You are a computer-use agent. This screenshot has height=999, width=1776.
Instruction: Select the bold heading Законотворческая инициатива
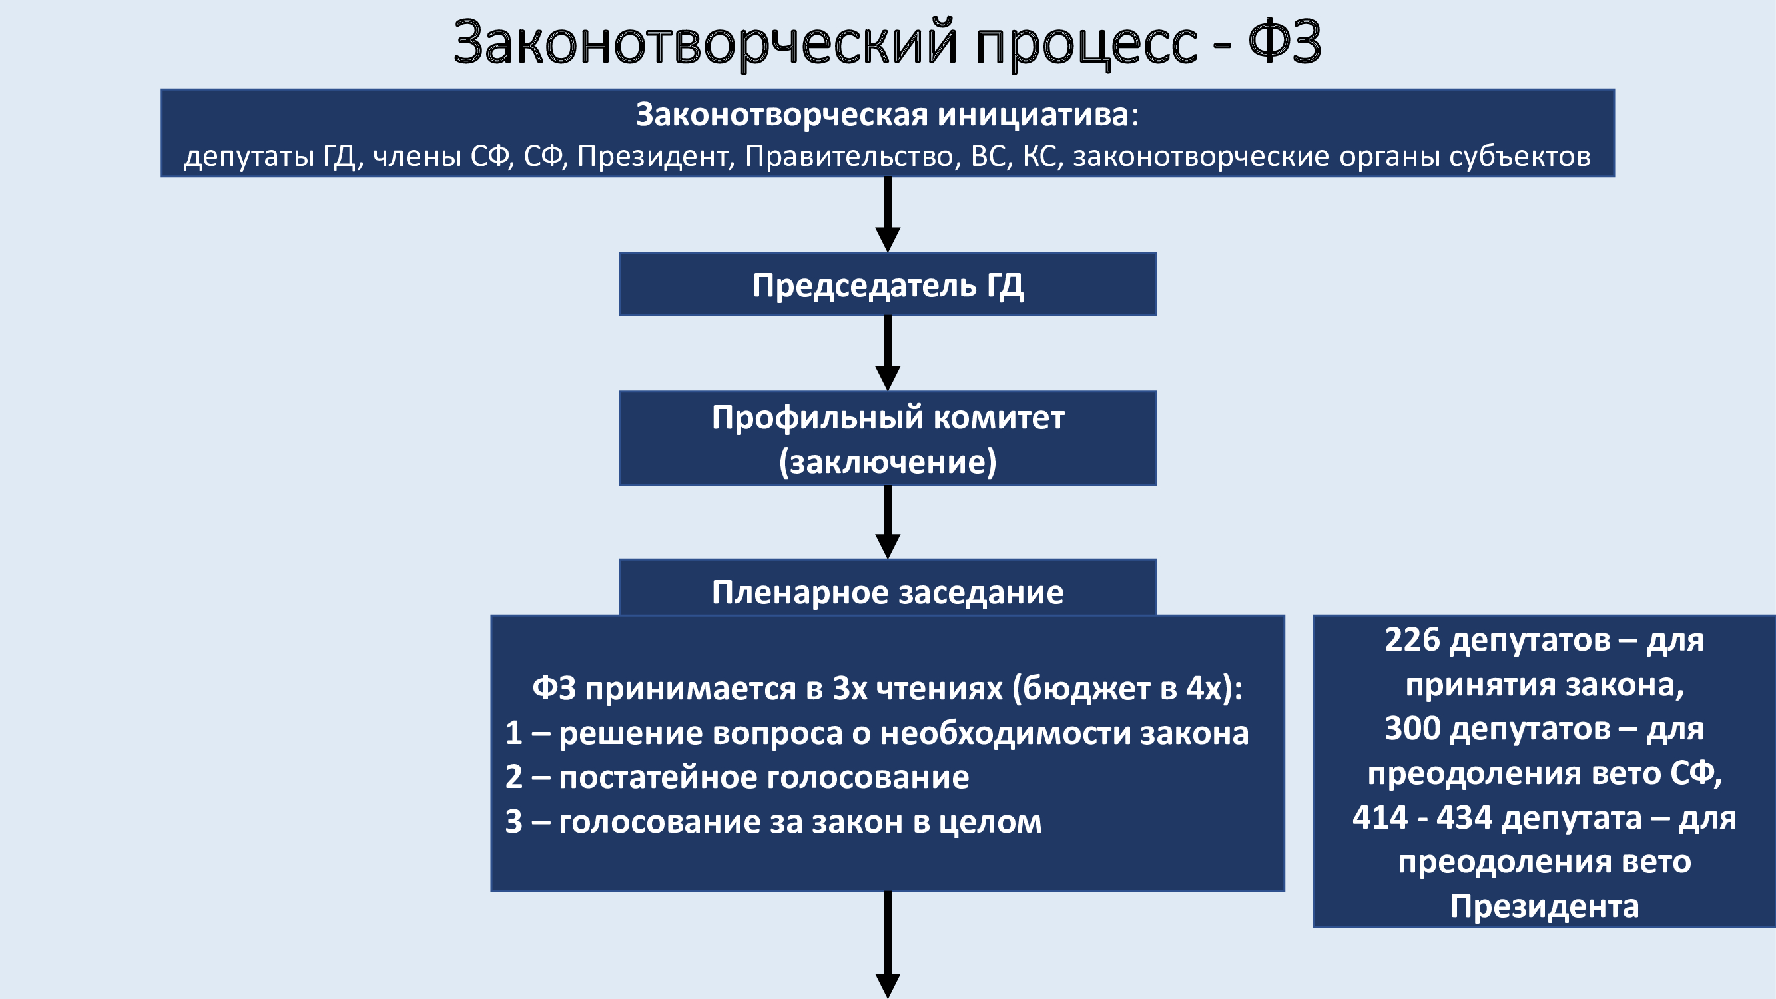pos(882,115)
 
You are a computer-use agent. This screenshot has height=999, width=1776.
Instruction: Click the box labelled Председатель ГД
pos(887,284)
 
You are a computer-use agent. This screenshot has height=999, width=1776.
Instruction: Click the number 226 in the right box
pos(1412,640)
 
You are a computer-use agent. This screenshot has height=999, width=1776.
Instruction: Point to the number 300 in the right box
pos(1412,728)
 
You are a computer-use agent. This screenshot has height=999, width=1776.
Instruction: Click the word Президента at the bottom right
pos(1544,906)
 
